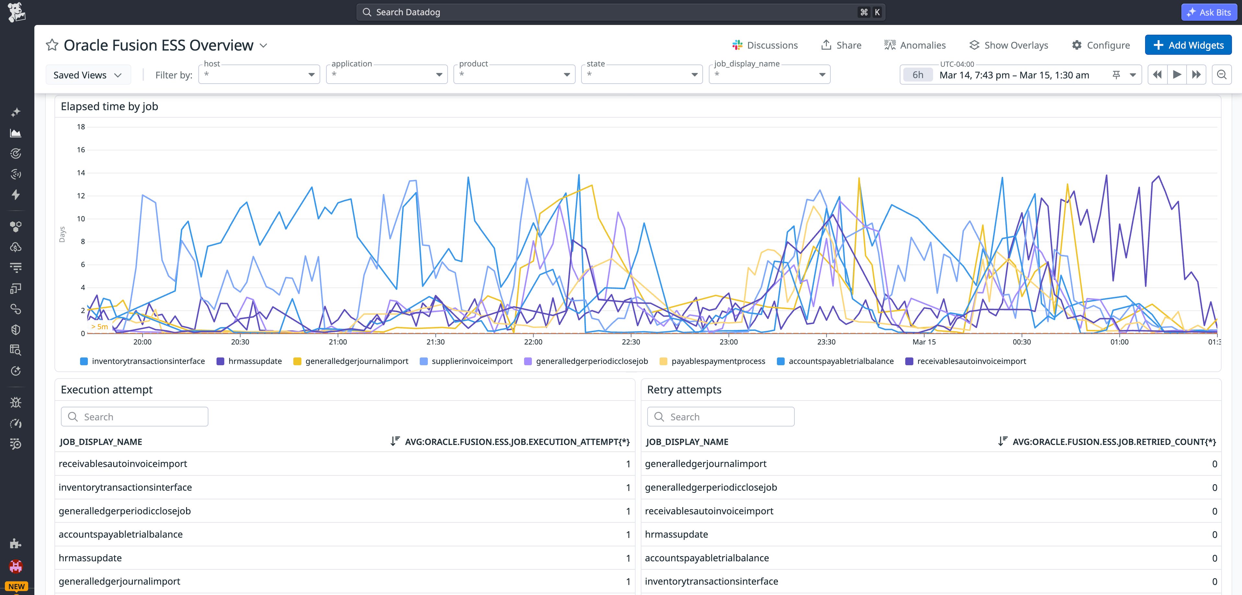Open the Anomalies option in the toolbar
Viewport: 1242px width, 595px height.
pyautogui.click(x=915, y=45)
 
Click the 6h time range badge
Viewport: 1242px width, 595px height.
pyautogui.click(x=918, y=75)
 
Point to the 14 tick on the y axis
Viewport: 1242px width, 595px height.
pyautogui.click(x=81, y=173)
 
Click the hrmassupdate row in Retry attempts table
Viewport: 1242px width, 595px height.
pyautogui.click(x=676, y=534)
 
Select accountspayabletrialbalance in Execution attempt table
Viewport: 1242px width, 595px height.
pyautogui.click(x=121, y=534)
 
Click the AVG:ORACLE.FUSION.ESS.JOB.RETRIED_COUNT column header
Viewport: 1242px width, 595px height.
pyautogui.click(x=1114, y=442)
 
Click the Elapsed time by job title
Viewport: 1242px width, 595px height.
pyautogui.click(x=110, y=107)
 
